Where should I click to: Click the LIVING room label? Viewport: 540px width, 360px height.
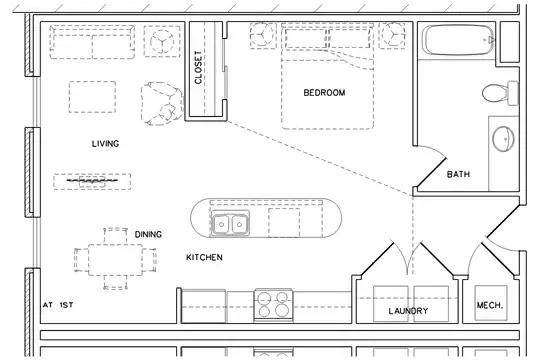[105, 143]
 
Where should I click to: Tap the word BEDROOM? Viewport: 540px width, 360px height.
[324, 93]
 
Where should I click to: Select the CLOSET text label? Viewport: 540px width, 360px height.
[198, 67]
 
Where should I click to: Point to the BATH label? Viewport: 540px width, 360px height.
[458, 174]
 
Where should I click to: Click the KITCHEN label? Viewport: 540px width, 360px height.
[204, 257]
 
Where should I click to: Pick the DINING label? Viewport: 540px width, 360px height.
[148, 235]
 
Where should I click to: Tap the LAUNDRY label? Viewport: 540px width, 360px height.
[408, 311]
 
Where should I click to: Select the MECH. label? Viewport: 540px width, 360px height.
[490, 305]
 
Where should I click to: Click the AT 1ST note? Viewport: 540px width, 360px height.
[58, 305]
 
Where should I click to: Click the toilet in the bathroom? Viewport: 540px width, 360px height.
[500, 93]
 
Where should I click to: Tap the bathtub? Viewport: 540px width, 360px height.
[458, 40]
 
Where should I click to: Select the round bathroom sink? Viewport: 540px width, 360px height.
[503, 139]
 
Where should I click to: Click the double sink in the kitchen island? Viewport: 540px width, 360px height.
[230, 223]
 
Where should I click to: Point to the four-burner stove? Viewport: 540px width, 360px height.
[273, 305]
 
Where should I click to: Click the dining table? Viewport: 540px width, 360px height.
[115, 259]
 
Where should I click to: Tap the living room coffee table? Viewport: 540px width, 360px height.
[92, 97]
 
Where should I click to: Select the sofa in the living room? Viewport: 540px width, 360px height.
[92, 42]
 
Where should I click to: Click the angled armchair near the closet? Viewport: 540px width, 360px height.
[162, 103]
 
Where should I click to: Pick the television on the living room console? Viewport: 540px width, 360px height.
[92, 181]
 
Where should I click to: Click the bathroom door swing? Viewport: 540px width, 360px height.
[433, 166]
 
